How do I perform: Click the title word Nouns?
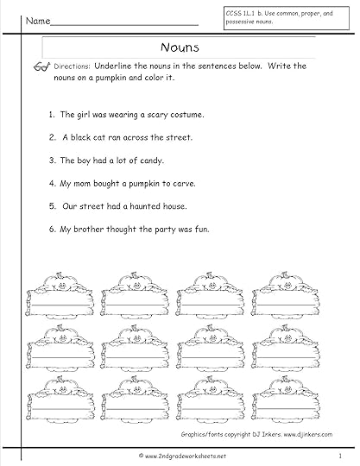pyautogui.click(x=180, y=47)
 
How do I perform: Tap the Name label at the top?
pyautogui.click(x=38, y=21)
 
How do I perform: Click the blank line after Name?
pyautogui.click(x=124, y=25)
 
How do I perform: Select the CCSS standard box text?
pyautogui.click(x=279, y=17)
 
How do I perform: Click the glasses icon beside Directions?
pyautogui.click(x=41, y=67)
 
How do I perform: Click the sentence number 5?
pyautogui.click(x=53, y=206)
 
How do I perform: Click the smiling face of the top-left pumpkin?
pyautogui.click(x=62, y=286)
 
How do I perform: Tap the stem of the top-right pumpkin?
pyautogui.click(x=285, y=274)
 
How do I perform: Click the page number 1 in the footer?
pyautogui.click(x=340, y=456)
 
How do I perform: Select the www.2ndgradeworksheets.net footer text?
pyautogui.click(x=182, y=456)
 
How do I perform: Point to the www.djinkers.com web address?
pyautogui.click(x=307, y=434)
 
